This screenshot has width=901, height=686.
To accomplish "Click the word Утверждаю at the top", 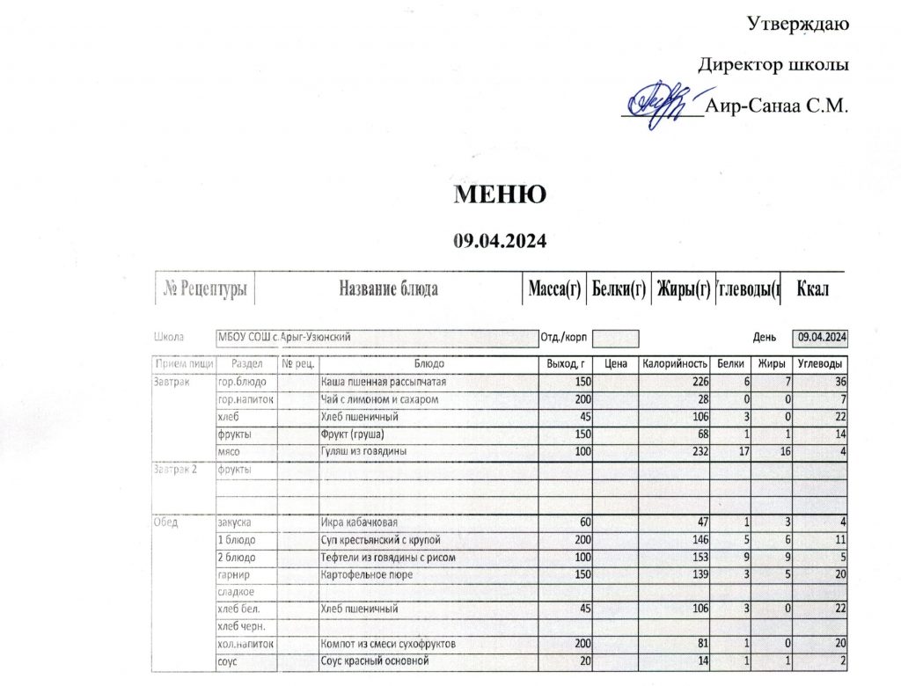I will pyautogui.click(x=798, y=22).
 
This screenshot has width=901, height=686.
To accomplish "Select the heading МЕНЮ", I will pyautogui.click(x=500, y=194).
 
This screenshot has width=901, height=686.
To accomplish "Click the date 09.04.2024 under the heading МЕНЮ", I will pyautogui.click(x=500, y=239).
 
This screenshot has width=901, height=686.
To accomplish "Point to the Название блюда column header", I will pyautogui.click(x=389, y=289).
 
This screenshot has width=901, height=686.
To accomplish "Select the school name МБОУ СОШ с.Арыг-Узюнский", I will pyautogui.click(x=286, y=337).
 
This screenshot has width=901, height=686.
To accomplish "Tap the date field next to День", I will pyautogui.click(x=822, y=337).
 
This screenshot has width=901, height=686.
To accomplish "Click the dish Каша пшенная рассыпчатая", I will pyautogui.click(x=384, y=383).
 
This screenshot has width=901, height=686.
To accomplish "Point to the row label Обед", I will pyautogui.click(x=166, y=522).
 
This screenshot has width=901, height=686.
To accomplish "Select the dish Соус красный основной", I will pyautogui.click(x=375, y=661).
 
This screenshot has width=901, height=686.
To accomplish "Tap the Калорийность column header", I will pyautogui.click(x=675, y=364).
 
